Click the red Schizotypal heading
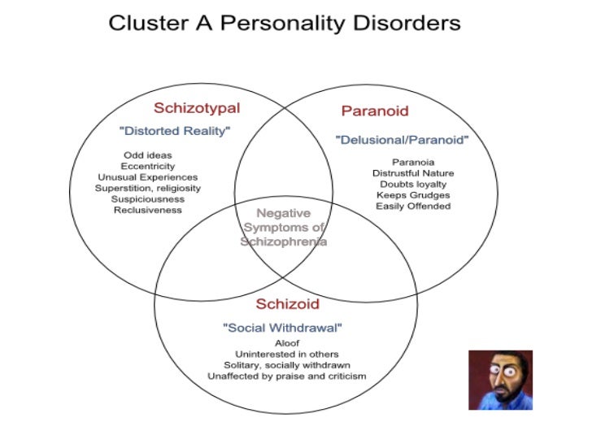tap(197, 107)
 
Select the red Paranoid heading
tap(375, 111)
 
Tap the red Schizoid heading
tap(287, 305)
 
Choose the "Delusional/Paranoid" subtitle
tap(403, 141)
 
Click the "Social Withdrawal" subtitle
tap(282, 328)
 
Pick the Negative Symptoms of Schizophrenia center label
tap(284, 227)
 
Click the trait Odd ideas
tap(147, 155)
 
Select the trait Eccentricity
tap(147, 166)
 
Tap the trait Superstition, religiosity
tap(147, 188)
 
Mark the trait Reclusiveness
tap(147, 210)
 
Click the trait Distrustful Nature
tap(413, 173)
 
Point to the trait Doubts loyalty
tap(413, 184)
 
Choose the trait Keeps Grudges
tap(413, 195)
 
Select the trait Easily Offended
tap(413, 206)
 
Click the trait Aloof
tap(287, 343)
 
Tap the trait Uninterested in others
tap(287, 354)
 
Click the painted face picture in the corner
tap(500, 380)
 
